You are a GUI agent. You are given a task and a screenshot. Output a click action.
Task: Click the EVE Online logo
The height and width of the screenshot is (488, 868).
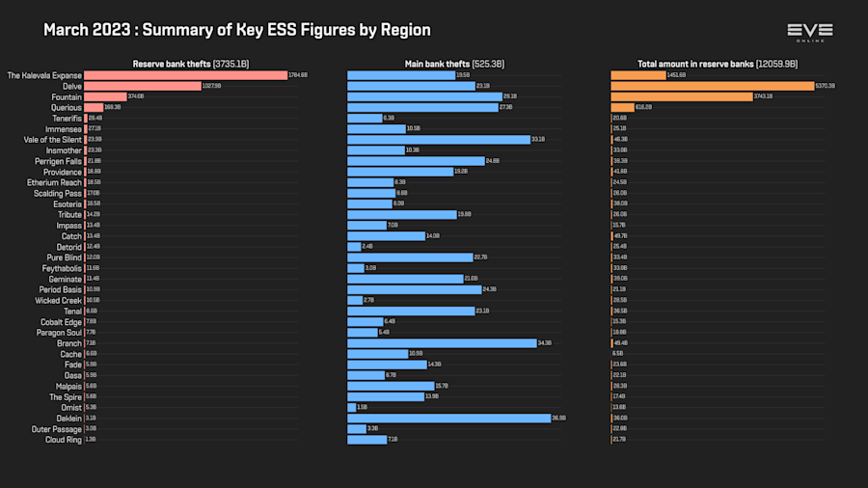[809, 32]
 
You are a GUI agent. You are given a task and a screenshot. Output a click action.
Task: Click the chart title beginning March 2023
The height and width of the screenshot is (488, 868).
[237, 30]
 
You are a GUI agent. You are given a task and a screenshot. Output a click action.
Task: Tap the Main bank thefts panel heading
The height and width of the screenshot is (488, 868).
[454, 64]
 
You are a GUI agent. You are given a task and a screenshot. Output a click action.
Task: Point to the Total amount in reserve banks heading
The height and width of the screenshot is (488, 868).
[718, 64]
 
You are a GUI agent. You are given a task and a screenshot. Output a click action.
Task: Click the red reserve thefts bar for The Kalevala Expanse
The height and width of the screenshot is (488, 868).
[185, 75]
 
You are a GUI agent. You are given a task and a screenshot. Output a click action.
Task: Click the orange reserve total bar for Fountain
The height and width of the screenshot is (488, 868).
[681, 96]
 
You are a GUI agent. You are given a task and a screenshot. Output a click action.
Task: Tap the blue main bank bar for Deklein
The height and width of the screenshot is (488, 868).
[448, 418]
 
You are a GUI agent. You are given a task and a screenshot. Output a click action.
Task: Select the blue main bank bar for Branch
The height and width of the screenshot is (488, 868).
[441, 343]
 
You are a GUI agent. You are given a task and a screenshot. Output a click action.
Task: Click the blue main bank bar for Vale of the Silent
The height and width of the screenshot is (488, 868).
[438, 140]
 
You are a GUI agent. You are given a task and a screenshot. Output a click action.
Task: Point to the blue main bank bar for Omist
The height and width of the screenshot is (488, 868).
[351, 407]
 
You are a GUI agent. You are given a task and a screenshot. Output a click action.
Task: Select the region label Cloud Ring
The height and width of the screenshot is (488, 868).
[64, 440]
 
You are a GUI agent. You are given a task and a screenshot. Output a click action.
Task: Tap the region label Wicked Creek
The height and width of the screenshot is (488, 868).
[60, 300]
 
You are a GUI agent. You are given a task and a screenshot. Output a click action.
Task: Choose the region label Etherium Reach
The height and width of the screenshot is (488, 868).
[55, 182]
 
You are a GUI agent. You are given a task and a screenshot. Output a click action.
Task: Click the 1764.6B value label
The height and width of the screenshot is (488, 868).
[298, 75]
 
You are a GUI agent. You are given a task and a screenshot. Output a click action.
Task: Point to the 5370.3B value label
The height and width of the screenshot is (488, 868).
[826, 86]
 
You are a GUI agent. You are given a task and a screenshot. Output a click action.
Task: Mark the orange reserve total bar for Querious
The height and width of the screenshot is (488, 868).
[622, 107]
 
